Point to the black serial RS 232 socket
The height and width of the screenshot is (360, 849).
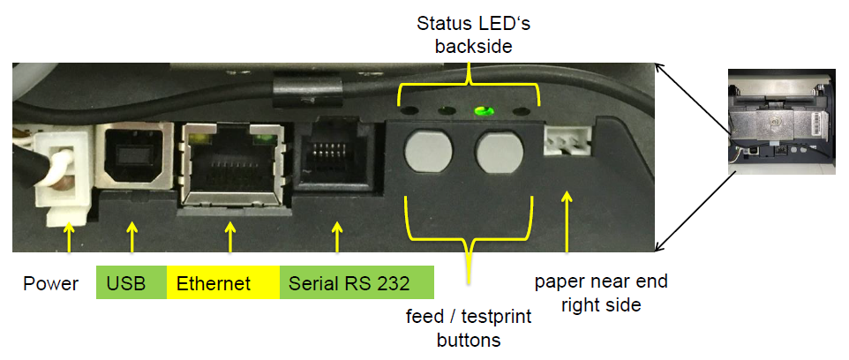336,160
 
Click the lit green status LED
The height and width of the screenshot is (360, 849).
482,113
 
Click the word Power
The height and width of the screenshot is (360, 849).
50,284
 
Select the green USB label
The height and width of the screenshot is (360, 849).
131,284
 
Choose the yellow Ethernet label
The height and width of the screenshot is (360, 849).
222,284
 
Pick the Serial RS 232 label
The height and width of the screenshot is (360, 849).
357,284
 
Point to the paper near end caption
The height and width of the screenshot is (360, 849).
601,294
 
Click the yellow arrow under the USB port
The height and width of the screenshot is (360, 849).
131,236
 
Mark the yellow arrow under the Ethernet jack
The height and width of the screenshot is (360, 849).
231,236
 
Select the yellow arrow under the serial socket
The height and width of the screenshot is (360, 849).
336,236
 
